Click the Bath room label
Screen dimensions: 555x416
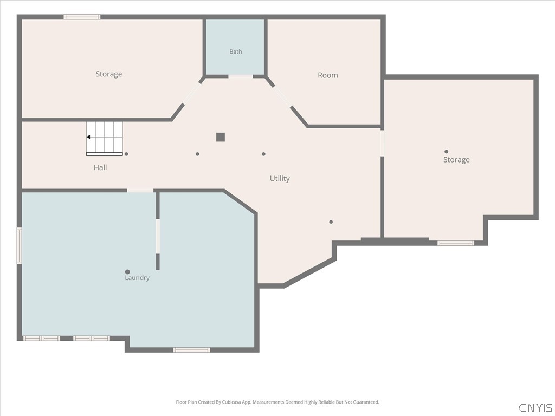click(236, 51)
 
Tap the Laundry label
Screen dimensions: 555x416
click(137, 278)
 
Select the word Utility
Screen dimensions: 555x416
click(280, 179)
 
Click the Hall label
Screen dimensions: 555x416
click(100, 168)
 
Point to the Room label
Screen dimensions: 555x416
click(328, 75)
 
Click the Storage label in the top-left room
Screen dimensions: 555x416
click(108, 74)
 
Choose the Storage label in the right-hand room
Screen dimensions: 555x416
click(456, 160)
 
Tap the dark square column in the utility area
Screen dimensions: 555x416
click(221, 137)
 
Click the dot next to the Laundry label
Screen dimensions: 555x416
click(127, 272)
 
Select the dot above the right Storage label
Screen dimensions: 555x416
click(447, 152)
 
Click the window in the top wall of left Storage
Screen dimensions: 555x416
click(82, 17)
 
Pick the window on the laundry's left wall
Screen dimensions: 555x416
click(20, 246)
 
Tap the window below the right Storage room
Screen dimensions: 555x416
click(455, 243)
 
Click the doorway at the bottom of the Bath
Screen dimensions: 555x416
click(240, 76)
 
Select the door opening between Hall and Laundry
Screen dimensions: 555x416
click(140, 191)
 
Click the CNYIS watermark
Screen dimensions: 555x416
click(535, 407)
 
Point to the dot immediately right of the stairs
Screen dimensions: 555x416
click(126, 154)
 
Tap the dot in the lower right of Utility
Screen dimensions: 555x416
click(331, 222)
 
